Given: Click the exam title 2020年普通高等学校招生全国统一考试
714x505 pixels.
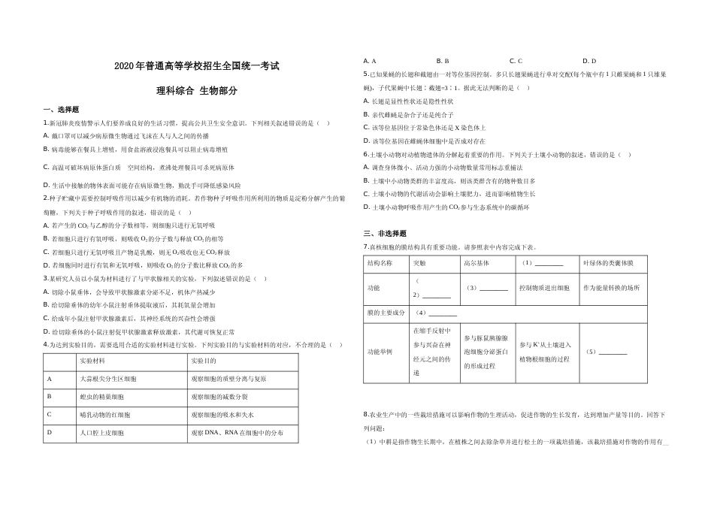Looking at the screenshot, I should click(197, 66).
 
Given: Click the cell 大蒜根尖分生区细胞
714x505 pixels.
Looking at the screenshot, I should click(108, 379).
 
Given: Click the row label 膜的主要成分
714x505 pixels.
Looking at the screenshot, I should click(385, 313).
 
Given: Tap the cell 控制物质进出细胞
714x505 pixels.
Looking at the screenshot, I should click(543, 289).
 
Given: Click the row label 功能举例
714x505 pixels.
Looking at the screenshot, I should click(380, 352).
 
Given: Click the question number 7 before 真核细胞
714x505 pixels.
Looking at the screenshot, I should click(365, 246).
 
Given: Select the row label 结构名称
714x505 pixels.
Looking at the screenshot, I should click(380, 264).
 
